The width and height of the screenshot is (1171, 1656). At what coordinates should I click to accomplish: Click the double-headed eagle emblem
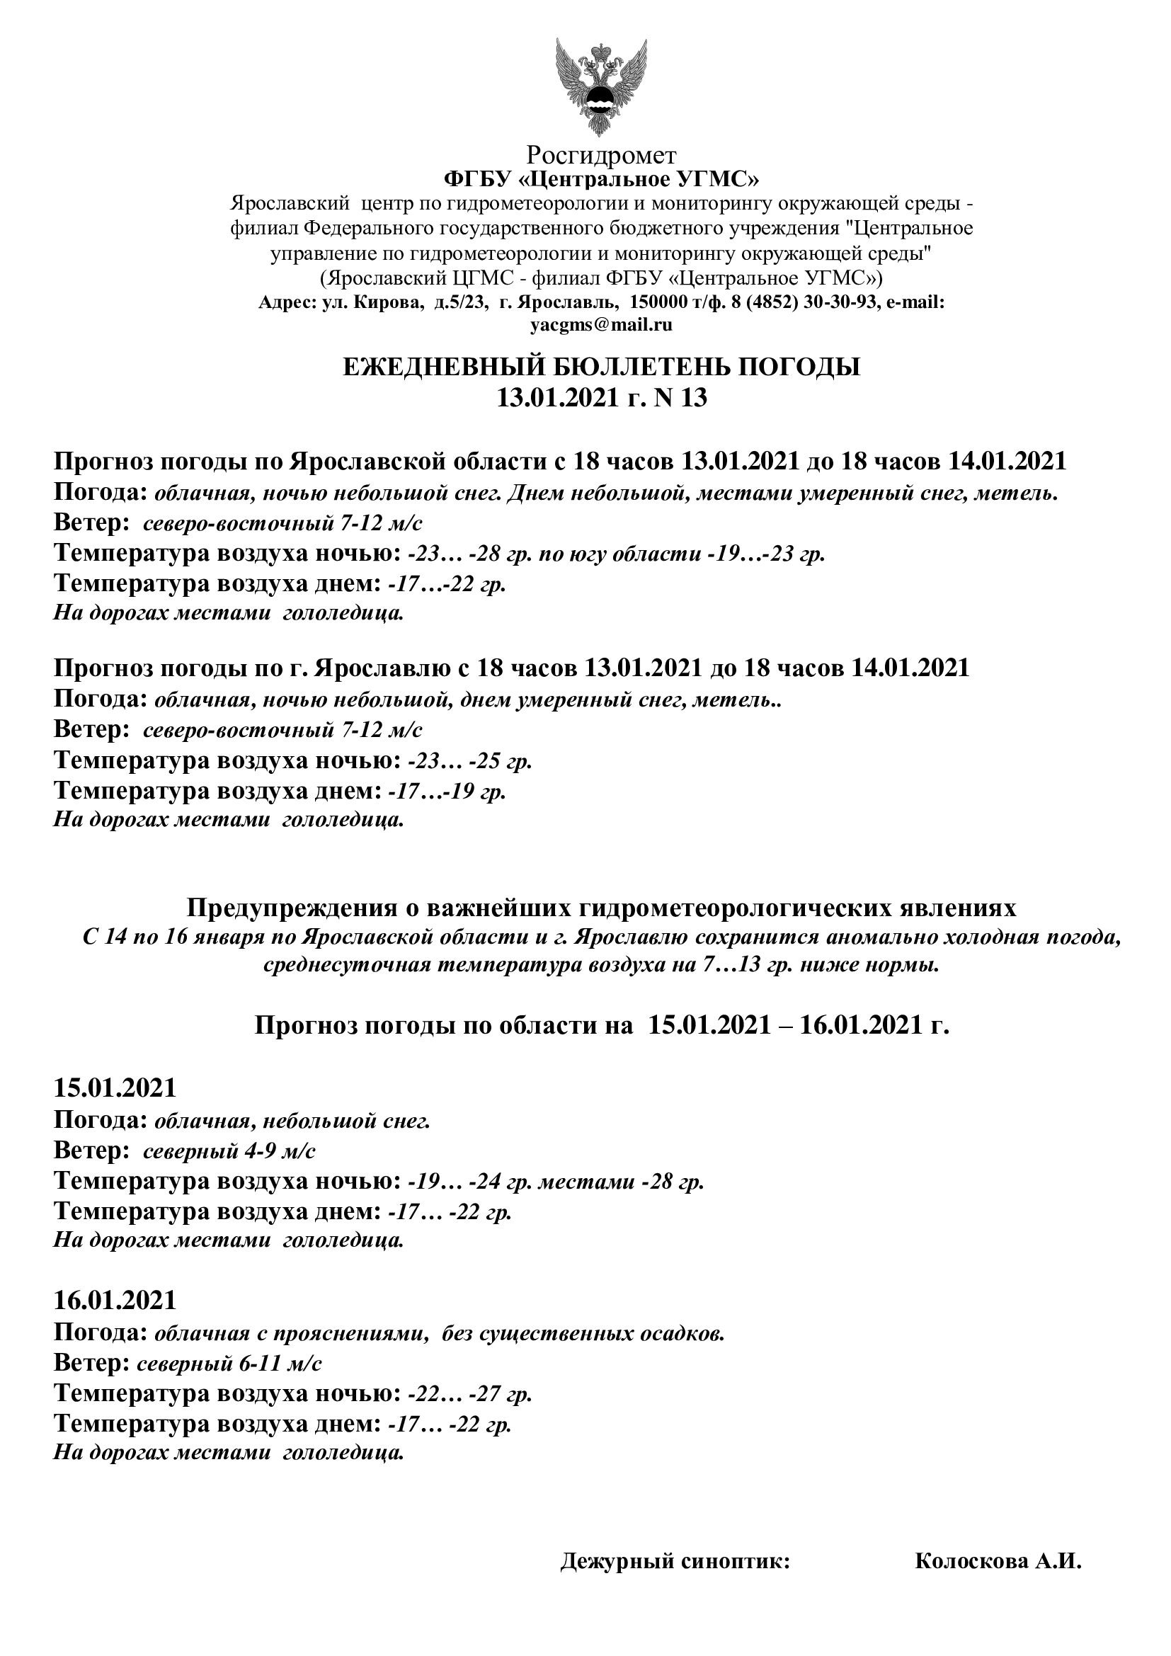pos(600,86)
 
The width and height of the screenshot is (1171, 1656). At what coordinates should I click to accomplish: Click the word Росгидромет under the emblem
pos(601,154)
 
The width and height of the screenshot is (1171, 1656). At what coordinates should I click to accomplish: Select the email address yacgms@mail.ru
pos(601,324)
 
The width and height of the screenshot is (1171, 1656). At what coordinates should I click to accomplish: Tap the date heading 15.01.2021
pos(115,1087)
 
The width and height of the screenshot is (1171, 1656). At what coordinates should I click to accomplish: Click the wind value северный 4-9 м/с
pos(229,1150)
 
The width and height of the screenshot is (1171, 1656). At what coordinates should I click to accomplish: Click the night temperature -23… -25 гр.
pos(469,761)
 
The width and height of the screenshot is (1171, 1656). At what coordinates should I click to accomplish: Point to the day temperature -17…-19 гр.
pos(446,792)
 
